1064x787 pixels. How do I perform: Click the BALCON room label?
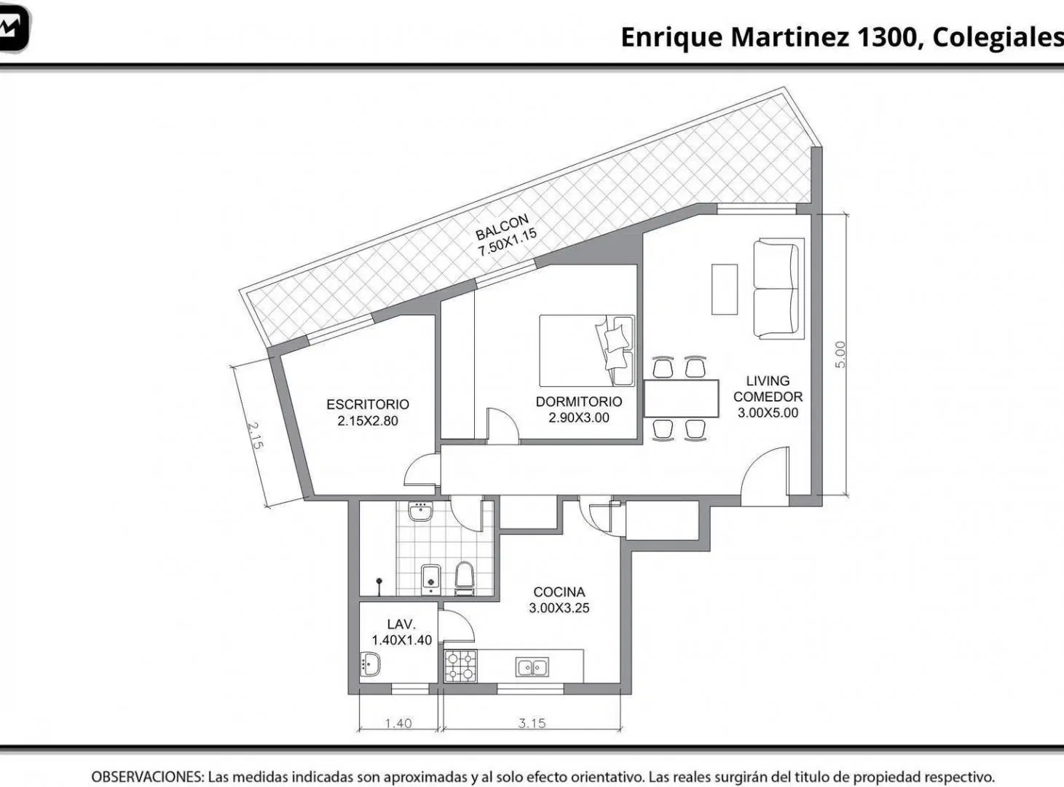coord(502,227)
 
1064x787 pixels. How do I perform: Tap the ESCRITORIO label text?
coord(368,404)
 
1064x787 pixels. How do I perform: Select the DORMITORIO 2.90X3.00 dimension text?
coord(578,418)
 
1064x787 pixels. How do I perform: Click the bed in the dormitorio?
coord(587,351)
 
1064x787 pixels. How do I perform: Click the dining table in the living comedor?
coord(681,399)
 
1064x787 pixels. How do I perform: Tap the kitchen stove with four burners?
coord(460,666)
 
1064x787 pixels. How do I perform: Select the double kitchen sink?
coord(532,667)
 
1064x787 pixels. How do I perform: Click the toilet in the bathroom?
coord(464,579)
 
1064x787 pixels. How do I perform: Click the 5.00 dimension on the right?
coord(840,354)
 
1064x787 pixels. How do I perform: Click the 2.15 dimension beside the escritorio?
coord(255,436)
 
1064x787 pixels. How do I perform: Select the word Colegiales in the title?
coord(998,37)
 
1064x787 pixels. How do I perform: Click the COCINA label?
coord(559,592)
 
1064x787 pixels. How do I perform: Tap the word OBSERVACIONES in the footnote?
coord(148,777)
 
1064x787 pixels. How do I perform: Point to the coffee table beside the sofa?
coord(725,289)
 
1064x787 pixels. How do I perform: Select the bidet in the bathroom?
coord(430,579)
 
